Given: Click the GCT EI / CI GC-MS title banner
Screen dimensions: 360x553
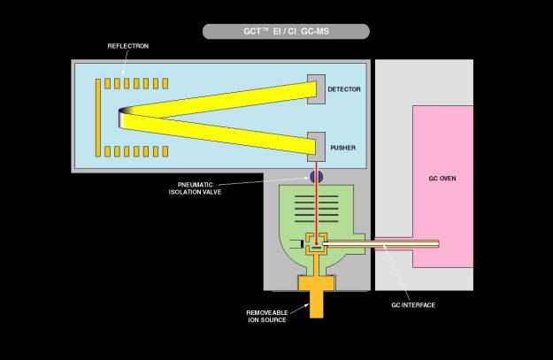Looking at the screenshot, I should pyautogui.click(x=286, y=32).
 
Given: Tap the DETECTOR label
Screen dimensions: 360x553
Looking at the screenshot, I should pyautogui.click(x=344, y=89).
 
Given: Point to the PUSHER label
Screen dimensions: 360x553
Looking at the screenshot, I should pyautogui.click(x=342, y=148).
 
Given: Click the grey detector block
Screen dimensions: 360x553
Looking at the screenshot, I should pyautogui.click(x=316, y=88).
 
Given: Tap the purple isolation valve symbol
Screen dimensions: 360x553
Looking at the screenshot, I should pyautogui.click(x=316, y=178).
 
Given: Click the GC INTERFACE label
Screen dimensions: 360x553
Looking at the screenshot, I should pyautogui.click(x=413, y=305).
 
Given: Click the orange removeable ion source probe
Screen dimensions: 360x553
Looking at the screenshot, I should pyautogui.click(x=315, y=296).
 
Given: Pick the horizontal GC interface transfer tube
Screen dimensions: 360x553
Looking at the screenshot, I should pyautogui.click(x=389, y=244).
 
